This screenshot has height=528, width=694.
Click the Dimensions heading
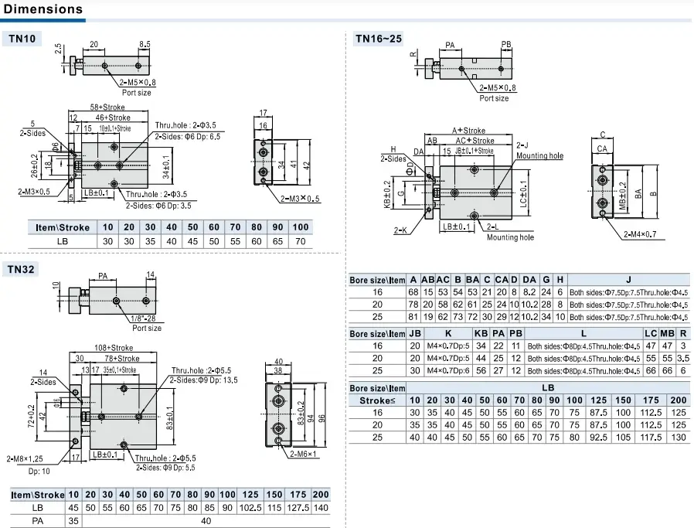[43, 9]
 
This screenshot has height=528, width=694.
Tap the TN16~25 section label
[378, 38]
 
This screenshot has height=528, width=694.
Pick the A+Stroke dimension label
[468, 131]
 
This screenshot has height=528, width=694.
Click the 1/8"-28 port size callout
[146, 318]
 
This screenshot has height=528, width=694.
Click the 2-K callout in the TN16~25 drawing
[400, 230]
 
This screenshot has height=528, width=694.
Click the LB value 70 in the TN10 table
[301, 241]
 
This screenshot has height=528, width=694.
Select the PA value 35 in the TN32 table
[73, 521]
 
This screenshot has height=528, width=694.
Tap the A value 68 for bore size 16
[414, 292]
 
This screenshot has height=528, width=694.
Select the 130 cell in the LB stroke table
[679, 437]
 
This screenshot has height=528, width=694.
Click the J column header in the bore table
[628, 280]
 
